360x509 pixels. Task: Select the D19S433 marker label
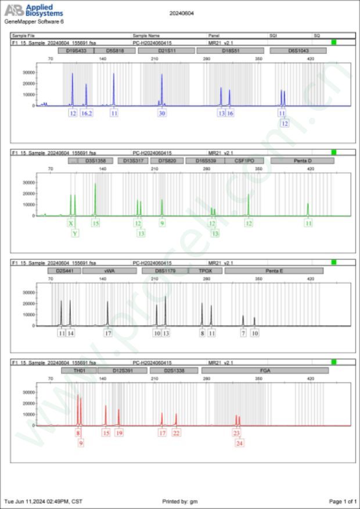coord(75,51)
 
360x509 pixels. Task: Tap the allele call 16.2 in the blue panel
coord(87,113)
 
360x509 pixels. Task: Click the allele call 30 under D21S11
coord(162,113)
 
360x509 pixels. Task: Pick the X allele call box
coord(71,223)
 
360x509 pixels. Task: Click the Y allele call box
coord(75,233)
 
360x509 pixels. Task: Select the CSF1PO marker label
coord(244,161)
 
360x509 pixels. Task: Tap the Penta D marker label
coord(302,161)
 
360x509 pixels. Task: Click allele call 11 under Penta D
coord(308,223)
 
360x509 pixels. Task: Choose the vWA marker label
coord(109,270)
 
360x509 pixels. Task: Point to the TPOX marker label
coord(206,270)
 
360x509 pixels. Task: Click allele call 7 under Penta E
coord(243,333)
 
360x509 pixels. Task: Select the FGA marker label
coord(265,370)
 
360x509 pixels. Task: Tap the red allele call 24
coord(240,443)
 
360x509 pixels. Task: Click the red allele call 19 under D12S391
coord(119,432)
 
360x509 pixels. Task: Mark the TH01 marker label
coord(78,370)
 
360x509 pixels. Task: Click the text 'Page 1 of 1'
coord(342,501)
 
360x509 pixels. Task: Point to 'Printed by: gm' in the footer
coord(180,501)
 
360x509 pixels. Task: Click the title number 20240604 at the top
coord(181,12)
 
